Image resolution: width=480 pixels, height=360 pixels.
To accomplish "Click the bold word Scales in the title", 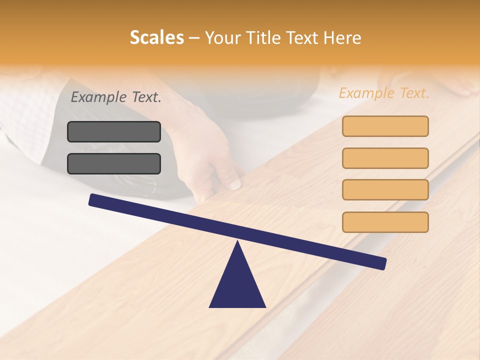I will tap(156, 38).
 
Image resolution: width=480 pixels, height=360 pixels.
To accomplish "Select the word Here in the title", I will tap(342, 38).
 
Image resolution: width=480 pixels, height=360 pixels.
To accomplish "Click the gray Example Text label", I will tap(116, 97).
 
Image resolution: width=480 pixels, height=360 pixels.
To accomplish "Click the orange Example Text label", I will tap(384, 93).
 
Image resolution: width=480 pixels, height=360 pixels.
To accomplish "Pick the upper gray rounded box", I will tap(114, 131).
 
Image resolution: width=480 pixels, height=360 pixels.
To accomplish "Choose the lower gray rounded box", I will tap(114, 163).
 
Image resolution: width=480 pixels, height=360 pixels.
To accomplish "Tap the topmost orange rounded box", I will tap(385, 126).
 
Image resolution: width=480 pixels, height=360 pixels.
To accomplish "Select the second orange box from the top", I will tap(385, 158).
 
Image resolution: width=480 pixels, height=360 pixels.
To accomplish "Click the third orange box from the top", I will tap(385, 189).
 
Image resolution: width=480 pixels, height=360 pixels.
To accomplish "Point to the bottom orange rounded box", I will tap(385, 222).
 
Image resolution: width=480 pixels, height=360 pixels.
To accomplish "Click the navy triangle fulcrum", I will tap(237, 285).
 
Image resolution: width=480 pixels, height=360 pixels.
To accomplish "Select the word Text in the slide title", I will tap(304, 38).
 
